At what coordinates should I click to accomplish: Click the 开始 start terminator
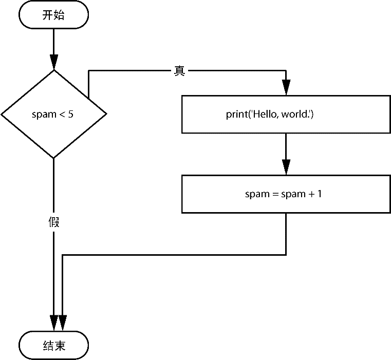[53, 15]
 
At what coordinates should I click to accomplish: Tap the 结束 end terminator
[53, 345]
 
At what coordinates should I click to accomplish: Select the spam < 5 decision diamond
[54, 114]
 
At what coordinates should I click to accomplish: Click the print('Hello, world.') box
[286, 114]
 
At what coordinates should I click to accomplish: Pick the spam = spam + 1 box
[286, 194]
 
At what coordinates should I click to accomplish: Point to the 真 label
[179, 71]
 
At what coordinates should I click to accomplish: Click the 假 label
[54, 222]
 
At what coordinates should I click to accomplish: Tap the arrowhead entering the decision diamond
[54, 62]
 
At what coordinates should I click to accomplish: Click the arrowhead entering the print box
[286, 87]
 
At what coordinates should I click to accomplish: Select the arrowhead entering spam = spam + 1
[286, 167]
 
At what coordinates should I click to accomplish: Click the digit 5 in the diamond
[71, 114]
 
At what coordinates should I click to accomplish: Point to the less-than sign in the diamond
[62, 115]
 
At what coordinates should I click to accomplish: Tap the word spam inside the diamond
[44, 115]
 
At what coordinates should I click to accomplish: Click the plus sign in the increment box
[312, 194]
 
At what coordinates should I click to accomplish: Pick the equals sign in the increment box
[275, 194]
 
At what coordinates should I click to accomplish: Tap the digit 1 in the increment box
[320, 194]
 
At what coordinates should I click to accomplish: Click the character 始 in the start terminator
[59, 15]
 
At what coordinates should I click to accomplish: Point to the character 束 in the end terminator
[60, 346]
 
